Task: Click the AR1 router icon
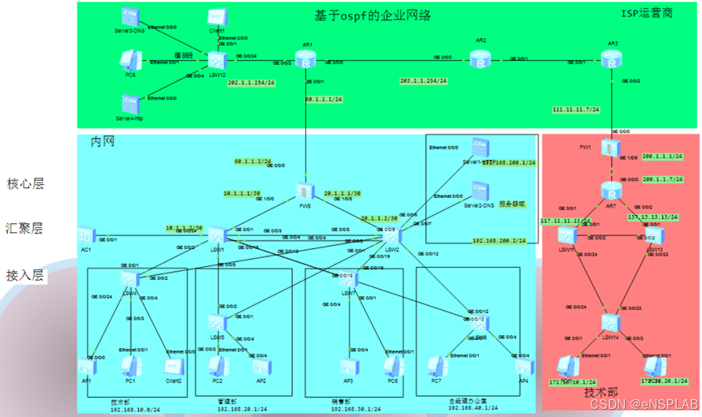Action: point(304,61)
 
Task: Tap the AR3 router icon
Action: point(609,59)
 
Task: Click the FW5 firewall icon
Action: point(306,191)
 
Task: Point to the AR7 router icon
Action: point(610,190)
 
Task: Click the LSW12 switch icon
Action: point(217,61)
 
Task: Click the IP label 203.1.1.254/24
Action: point(423,81)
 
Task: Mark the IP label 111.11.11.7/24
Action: point(575,109)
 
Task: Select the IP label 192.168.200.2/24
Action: point(499,241)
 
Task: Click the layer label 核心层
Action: point(26,184)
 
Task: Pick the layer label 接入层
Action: point(26,275)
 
